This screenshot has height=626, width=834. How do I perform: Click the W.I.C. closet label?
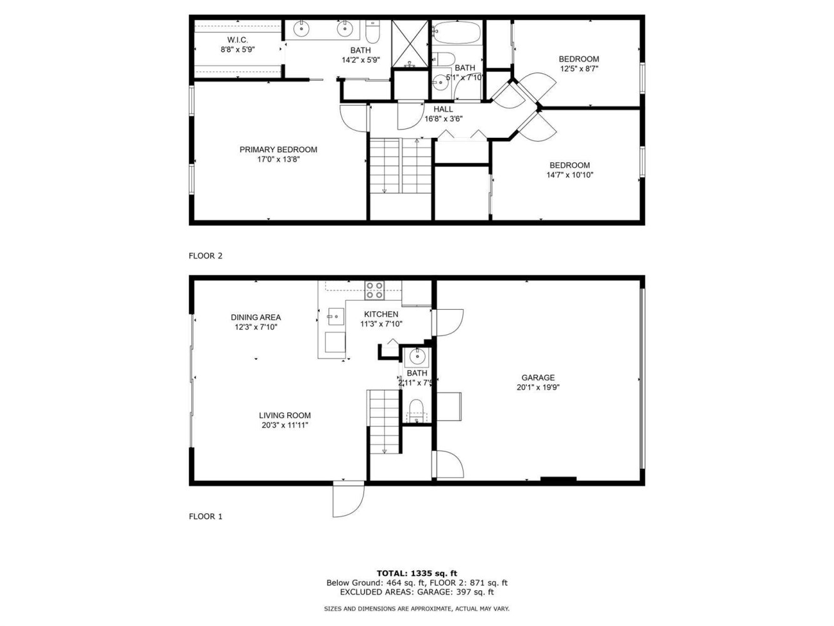(238, 40)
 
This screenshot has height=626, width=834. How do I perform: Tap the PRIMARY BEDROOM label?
(278, 150)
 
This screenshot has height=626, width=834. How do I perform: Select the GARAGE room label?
(537, 378)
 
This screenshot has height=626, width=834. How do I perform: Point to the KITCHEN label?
(381, 314)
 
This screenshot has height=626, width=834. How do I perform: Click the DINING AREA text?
(256, 317)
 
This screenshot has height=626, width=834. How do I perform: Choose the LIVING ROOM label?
(285, 416)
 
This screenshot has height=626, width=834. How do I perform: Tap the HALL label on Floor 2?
(443, 110)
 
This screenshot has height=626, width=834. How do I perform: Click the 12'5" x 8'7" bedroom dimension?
(579, 69)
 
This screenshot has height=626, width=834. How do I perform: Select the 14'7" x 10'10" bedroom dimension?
(569, 175)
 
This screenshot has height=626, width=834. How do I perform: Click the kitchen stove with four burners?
(374, 290)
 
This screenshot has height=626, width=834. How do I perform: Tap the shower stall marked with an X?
(410, 44)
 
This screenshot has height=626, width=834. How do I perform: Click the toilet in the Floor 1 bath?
(417, 411)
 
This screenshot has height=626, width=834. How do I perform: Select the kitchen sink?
(336, 317)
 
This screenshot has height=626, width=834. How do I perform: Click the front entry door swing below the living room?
(348, 500)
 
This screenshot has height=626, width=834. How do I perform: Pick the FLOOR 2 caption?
(206, 256)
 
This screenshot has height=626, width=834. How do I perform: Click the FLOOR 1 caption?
(206, 516)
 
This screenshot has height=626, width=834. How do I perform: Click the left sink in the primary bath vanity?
(302, 29)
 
